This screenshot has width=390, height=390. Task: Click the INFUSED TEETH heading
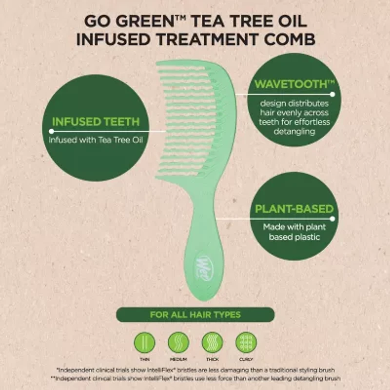[x=96, y=121]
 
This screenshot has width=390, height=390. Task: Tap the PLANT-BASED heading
[x=294, y=210]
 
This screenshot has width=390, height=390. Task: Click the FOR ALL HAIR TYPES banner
[x=195, y=314]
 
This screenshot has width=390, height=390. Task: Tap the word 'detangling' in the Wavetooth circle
[x=294, y=132]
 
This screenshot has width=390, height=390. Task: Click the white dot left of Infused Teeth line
[x=51, y=131]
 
